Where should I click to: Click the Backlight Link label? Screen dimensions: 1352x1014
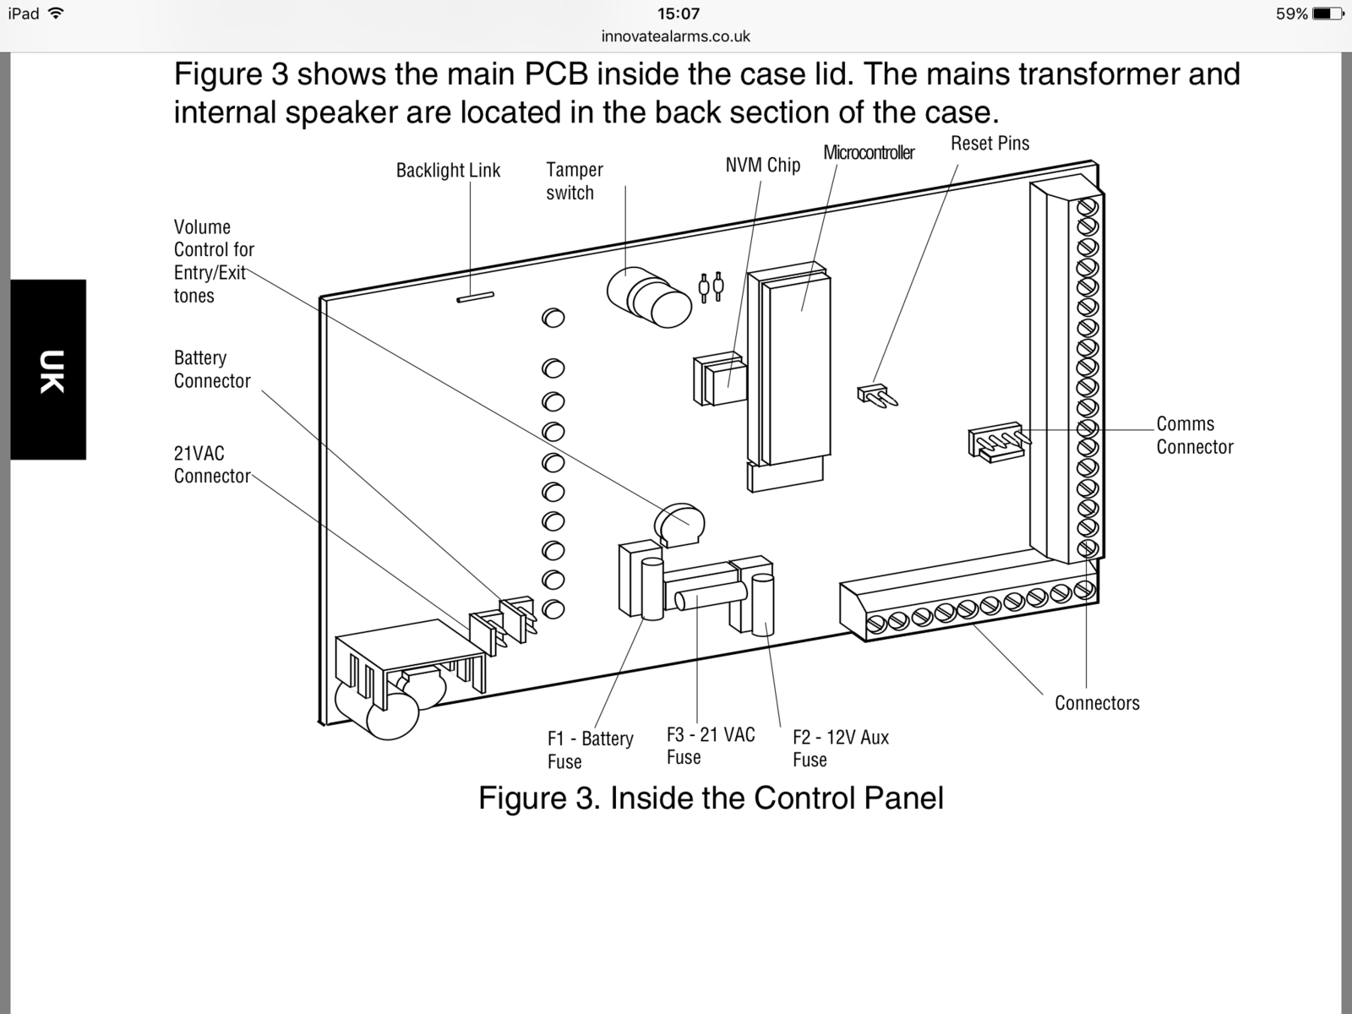tap(448, 171)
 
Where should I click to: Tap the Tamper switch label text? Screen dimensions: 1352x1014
tap(574, 181)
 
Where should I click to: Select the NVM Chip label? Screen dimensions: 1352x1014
tap(762, 165)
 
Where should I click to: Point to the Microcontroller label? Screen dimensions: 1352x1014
tap(869, 153)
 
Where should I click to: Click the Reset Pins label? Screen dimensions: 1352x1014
tap(989, 144)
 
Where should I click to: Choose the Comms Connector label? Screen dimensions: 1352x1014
tap(1194, 435)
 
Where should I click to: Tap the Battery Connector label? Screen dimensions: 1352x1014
tap(212, 369)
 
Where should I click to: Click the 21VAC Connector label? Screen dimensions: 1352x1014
tap(212, 465)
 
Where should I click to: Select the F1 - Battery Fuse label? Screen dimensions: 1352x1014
tap(590, 750)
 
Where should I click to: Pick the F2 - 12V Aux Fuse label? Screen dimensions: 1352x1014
tap(841, 748)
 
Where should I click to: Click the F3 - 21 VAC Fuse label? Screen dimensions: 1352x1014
tap(711, 745)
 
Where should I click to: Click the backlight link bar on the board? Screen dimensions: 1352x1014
tap(475, 297)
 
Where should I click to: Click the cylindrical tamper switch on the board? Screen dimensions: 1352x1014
tap(649, 298)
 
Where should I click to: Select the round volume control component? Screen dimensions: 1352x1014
tap(679, 525)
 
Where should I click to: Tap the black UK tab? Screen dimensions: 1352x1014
tap(48, 369)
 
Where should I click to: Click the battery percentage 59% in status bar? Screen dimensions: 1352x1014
tap(1292, 14)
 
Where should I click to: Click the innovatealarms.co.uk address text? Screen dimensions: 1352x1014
tap(676, 37)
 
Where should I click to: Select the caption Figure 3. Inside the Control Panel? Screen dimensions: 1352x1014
tap(711, 798)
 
